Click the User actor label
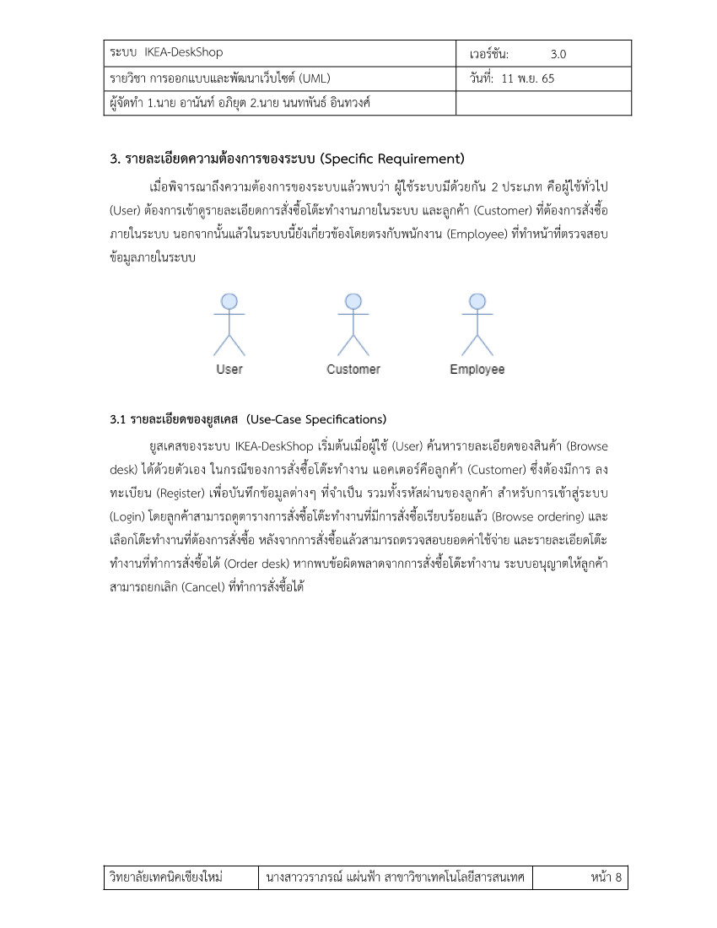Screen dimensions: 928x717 point(229,370)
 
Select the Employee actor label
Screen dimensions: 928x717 point(477,370)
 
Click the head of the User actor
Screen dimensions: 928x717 point(229,301)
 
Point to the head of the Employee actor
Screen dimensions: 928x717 point(477,301)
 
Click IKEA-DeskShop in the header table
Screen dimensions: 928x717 point(184,52)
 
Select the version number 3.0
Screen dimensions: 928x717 point(558,54)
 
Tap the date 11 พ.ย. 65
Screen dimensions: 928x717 point(528,79)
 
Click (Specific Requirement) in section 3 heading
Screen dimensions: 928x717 point(393,159)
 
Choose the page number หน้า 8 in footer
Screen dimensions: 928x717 point(606,878)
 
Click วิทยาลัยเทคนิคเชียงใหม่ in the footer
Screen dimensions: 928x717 point(166,878)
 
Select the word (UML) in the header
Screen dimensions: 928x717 point(311,79)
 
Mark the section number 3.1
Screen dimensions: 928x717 point(118,419)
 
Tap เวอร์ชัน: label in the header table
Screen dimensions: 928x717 point(489,54)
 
